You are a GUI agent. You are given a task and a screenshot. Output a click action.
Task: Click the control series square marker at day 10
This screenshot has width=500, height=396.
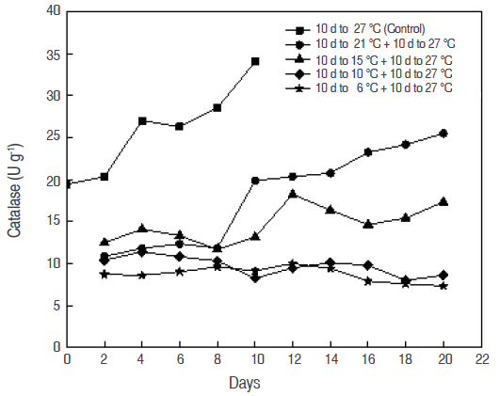click(255, 61)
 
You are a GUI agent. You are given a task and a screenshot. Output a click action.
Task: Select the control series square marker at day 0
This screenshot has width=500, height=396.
click(67, 184)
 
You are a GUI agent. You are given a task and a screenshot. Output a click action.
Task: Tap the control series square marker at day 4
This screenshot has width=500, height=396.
click(142, 120)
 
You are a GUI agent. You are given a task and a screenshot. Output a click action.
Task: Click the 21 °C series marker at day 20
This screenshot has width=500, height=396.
click(443, 134)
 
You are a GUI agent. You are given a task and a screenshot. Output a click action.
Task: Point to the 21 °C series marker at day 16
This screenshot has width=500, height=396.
click(367, 151)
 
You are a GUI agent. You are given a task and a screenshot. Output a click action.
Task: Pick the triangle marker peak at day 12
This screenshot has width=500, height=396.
click(293, 194)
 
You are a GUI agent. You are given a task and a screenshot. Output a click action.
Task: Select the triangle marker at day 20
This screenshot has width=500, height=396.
click(443, 201)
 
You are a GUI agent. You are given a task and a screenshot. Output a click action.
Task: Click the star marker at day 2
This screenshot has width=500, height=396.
click(105, 274)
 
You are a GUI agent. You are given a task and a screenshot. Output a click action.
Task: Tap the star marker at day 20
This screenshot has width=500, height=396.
click(443, 286)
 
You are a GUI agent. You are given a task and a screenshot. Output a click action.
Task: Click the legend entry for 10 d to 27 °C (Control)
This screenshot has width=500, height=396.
click(373, 30)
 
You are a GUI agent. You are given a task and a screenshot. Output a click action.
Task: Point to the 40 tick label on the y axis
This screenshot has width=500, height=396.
click(53, 11)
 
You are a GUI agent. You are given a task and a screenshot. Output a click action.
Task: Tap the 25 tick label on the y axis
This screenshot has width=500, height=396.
click(53, 137)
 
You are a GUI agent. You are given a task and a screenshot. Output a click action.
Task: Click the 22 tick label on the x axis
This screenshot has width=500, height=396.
click(480, 359)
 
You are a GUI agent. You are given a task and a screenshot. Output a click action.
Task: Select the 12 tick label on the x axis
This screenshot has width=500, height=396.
click(293, 359)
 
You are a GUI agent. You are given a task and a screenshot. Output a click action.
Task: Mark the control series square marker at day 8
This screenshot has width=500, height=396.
click(218, 107)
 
